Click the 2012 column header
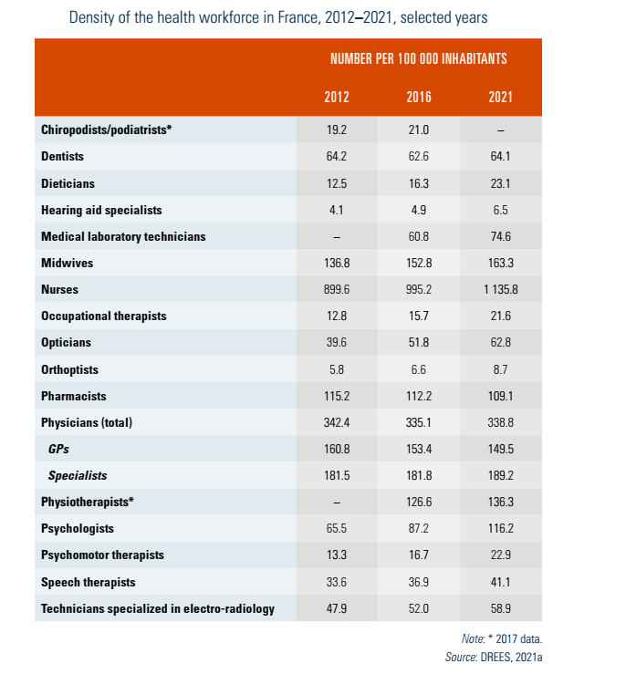[337, 98]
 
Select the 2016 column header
[419, 98]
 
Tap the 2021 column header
[501, 98]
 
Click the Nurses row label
[60, 290]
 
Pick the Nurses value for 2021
[501, 290]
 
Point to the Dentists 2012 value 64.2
[337, 156]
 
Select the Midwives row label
[67, 264]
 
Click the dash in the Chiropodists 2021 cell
[501, 130]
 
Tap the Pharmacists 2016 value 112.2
[419, 397]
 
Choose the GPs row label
[59, 450]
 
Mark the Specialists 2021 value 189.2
[501, 476]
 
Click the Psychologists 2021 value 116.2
[501, 529]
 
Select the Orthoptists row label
[69, 370]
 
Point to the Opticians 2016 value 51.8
[419, 343]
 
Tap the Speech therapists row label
[88, 582]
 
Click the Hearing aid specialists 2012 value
[337, 210]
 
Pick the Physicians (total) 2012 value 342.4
[337, 423]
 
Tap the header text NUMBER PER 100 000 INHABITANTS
[419, 58]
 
